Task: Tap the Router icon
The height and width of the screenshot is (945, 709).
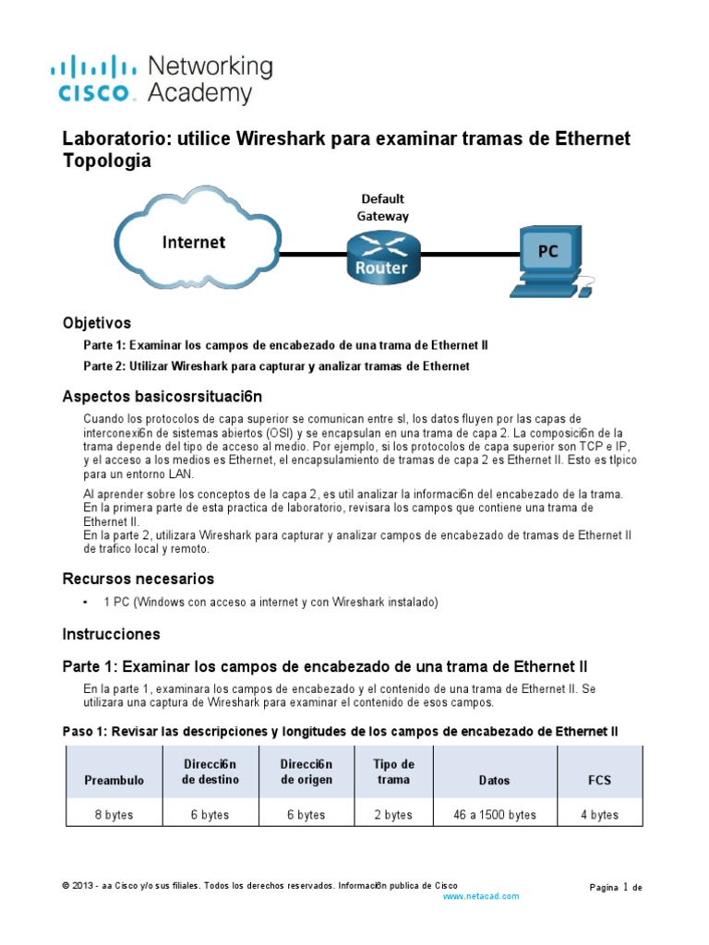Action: click(382, 256)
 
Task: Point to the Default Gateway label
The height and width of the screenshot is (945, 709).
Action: click(382, 208)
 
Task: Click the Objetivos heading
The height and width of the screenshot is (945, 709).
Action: click(97, 323)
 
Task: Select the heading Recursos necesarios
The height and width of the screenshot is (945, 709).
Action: click(138, 579)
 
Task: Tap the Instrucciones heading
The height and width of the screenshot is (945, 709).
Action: click(111, 634)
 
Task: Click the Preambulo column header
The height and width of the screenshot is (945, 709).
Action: click(114, 780)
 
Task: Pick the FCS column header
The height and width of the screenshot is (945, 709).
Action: click(600, 780)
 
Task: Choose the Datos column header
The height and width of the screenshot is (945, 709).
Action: click(494, 780)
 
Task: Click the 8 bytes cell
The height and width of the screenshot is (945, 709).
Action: click(114, 815)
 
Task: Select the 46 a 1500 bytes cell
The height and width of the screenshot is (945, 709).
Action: click(494, 815)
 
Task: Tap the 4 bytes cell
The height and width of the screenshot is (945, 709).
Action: click(600, 815)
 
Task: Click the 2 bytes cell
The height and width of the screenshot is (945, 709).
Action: click(393, 815)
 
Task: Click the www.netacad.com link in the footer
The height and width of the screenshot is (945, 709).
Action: click(482, 895)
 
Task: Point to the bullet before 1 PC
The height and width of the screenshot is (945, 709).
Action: click(86, 603)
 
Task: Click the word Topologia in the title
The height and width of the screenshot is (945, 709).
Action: click(105, 161)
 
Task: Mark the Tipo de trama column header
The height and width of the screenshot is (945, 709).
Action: click(393, 772)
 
